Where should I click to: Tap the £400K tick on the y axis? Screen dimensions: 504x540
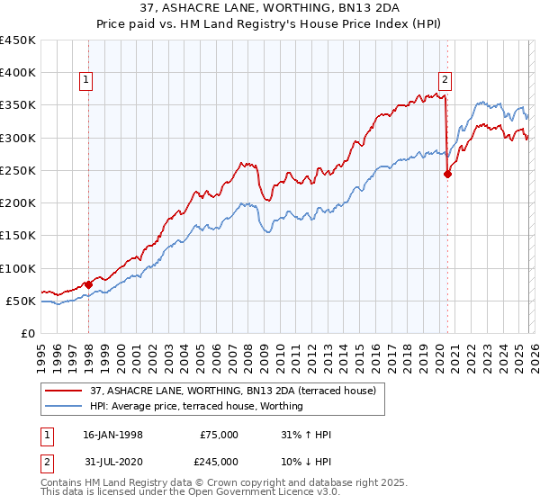pyautogui.click(x=18, y=73)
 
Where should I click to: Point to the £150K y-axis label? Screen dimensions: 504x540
pyautogui.click(x=18, y=236)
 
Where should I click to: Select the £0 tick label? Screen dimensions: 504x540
pyautogui.click(x=27, y=334)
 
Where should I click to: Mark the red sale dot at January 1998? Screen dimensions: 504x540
pyautogui.click(x=88, y=284)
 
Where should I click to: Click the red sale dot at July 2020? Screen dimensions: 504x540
pyautogui.click(x=447, y=175)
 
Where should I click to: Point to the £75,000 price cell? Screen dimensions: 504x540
pyautogui.click(x=219, y=435)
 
